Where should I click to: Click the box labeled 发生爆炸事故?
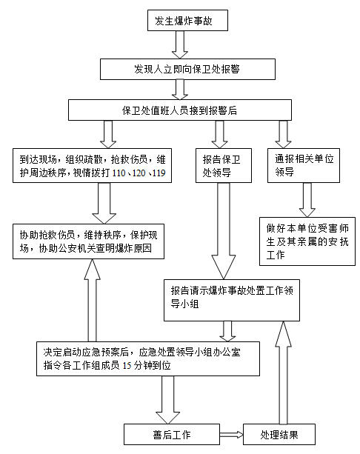click(x=187, y=20)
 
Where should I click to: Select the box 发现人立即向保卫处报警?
click(x=187, y=69)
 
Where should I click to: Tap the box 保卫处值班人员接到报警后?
click(x=180, y=110)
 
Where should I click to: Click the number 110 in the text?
click(x=119, y=173)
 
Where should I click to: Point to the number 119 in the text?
click(x=159, y=173)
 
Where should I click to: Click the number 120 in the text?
click(x=139, y=173)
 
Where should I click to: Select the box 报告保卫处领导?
click(x=224, y=166)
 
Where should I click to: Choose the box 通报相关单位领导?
click(x=304, y=166)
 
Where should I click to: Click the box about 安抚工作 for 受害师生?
click(x=307, y=241)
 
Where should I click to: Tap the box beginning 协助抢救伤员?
click(x=88, y=241)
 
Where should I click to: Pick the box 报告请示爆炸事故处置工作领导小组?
click(x=232, y=300)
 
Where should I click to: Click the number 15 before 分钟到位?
click(x=127, y=366)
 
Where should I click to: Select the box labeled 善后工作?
click(x=172, y=434)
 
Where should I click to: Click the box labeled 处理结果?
click(x=279, y=434)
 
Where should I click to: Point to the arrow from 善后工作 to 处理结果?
click(x=231, y=435)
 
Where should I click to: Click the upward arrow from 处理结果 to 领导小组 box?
click(x=283, y=373)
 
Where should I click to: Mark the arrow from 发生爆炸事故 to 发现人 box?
click(x=180, y=44)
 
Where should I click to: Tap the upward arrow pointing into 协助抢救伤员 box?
click(x=92, y=300)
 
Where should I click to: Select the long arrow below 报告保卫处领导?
click(x=224, y=231)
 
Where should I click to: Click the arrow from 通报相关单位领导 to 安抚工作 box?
click(x=307, y=200)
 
